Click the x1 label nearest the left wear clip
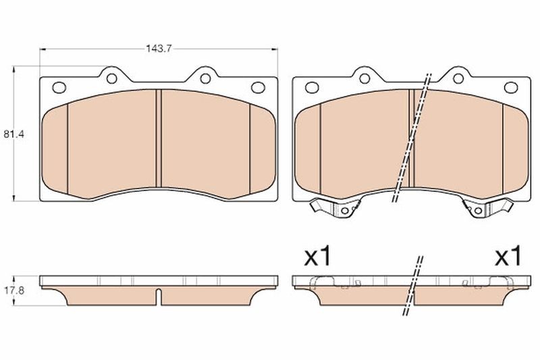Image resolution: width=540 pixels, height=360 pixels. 317,257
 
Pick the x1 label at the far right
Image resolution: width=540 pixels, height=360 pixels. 508,257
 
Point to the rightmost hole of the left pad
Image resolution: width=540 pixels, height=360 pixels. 257,87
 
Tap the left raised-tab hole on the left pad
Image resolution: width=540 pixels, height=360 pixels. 111,78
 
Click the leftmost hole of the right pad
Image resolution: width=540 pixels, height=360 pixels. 311,87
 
